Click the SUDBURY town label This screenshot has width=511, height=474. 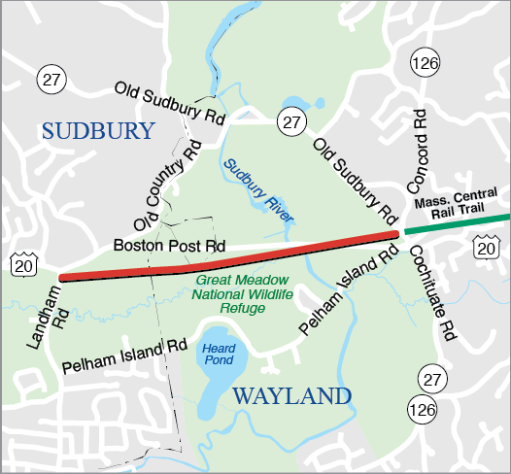pyautogui.click(x=98, y=132)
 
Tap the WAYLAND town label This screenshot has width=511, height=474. pyautogui.click(x=290, y=396)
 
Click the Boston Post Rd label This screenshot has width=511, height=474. pyautogui.click(x=169, y=247)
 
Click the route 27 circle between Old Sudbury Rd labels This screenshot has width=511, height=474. pyautogui.click(x=290, y=121)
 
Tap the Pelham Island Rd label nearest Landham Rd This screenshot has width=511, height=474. pyautogui.click(x=123, y=356)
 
